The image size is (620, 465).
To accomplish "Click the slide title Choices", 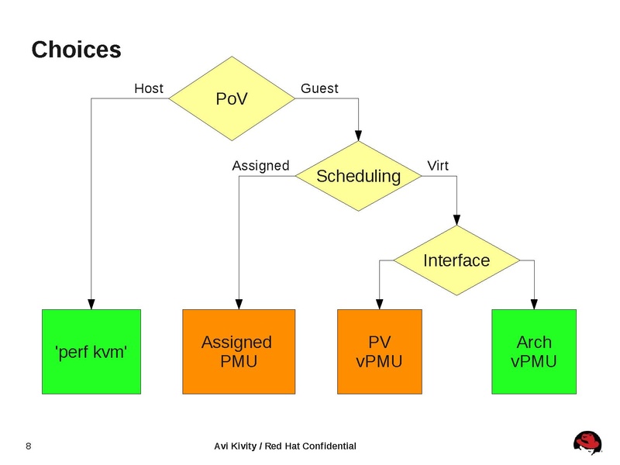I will pyautogui.click(x=76, y=50).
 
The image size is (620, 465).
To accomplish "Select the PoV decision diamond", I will pyautogui.click(x=230, y=98).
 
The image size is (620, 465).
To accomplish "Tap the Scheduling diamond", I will pyautogui.click(x=358, y=176).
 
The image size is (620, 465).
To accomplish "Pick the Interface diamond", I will pyautogui.click(x=456, y=260).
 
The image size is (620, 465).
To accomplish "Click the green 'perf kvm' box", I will pyautogui.click(x=91, y=351).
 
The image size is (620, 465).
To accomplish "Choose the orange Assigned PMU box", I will pyautogui.click(x=237, y=351).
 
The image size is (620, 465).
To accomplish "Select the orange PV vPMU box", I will pyautogui.click(x=379, y=351).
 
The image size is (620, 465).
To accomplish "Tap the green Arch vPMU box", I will pyautogui.click(x=534, y=351).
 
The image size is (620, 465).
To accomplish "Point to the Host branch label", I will pyautogui.click(x=149, y=88).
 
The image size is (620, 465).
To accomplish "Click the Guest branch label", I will pyautogui.click(x=319, y=88).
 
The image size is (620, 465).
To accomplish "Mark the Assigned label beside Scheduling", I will pyautogui.click(x=260, y=166).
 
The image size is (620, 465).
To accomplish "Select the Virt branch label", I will pyautogui.click(x=438, y=166).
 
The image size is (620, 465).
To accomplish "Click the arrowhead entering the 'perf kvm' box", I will pyautogui.click(x=91, y=304).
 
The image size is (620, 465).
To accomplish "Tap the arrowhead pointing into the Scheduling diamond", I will pyautogui.click(x=358, y=135).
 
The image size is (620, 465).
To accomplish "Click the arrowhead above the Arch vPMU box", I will pyautogui.click(x=534, y=304).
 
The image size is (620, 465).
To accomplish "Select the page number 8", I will pyautogui.click(x=29, y=446).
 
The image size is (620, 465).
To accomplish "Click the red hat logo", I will pyautogui.click(x=587, y=443).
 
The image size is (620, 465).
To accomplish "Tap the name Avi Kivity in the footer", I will pyautogui.click(x=236, y=446).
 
